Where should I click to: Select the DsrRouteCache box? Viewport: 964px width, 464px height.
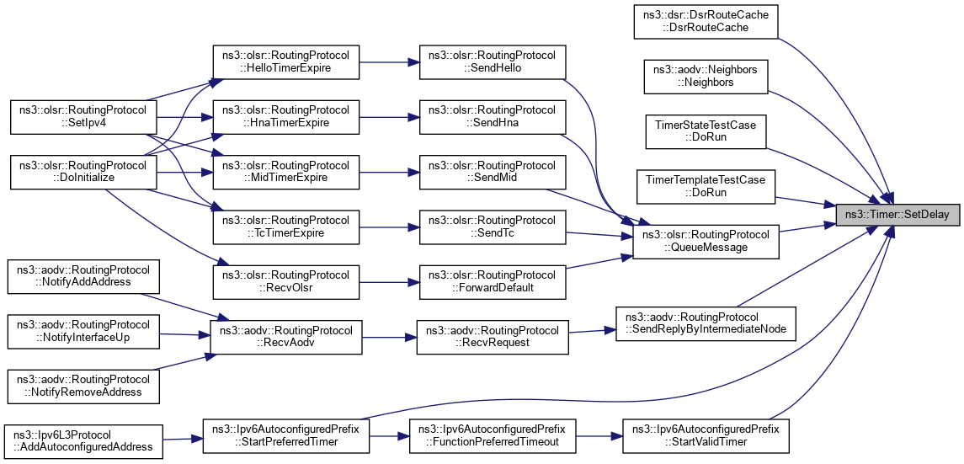[x=706, y=21]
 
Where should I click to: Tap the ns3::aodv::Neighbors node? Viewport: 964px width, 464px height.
[x=706, y=76]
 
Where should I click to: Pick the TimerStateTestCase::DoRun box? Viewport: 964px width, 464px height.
[x=706, y=131]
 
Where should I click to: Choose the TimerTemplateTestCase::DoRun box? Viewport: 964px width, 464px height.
[x=706, y=186]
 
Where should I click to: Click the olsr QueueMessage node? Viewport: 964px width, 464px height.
[x=706, y=241]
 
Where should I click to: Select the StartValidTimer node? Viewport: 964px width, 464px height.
[x=706, y=435]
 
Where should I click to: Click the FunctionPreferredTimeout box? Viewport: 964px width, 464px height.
[x=492, y=435]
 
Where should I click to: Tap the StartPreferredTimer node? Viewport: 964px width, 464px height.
[x=285, y=435]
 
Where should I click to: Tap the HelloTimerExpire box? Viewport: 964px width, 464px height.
[x=285, y=61]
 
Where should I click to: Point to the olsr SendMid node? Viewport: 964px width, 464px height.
[x=492, y=171]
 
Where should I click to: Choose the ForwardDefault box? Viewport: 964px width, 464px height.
[x=492, y=281]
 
